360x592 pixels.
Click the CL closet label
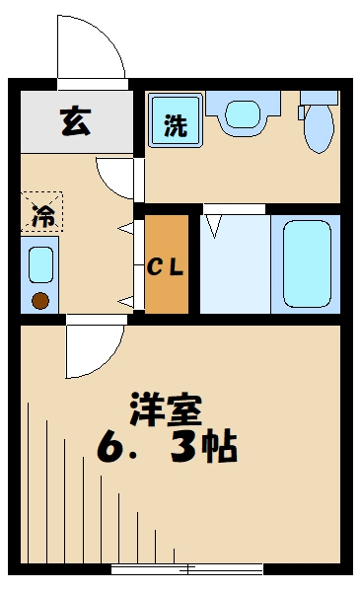pyautogui.click(x=167, y=266)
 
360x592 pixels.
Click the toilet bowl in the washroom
pyautogui.click(x=318, y=131)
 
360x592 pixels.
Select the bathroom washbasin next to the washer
pyautogui.click(x=241, y=114)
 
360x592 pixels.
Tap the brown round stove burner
pyautogui.click(x=40, y=302)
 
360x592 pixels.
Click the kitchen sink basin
pyautogui.click(x=40, y=264)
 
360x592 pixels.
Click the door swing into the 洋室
pyautogui.click(x=96, y=345)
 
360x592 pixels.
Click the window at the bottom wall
pyautogui.click(x=186, y=569)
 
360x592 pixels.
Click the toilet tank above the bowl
pyautogui.click(x=318, y=99)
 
